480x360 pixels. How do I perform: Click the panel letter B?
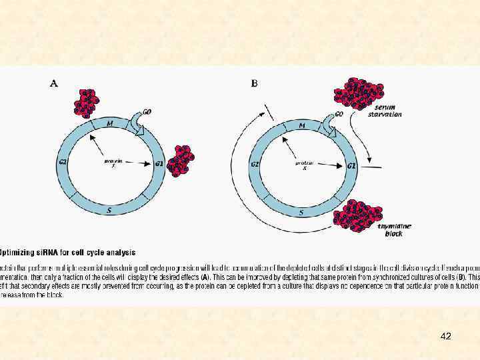point(254,83)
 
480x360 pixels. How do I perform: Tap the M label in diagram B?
point(301,125)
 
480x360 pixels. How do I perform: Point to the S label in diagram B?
point(301,213)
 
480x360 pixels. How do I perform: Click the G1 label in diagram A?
point(158,163)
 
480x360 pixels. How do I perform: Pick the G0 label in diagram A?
point(146,112)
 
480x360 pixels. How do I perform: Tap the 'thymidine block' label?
point(394,231)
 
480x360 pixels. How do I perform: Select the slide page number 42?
point(446,337)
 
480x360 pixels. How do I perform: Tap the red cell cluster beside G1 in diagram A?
point(181,161)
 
